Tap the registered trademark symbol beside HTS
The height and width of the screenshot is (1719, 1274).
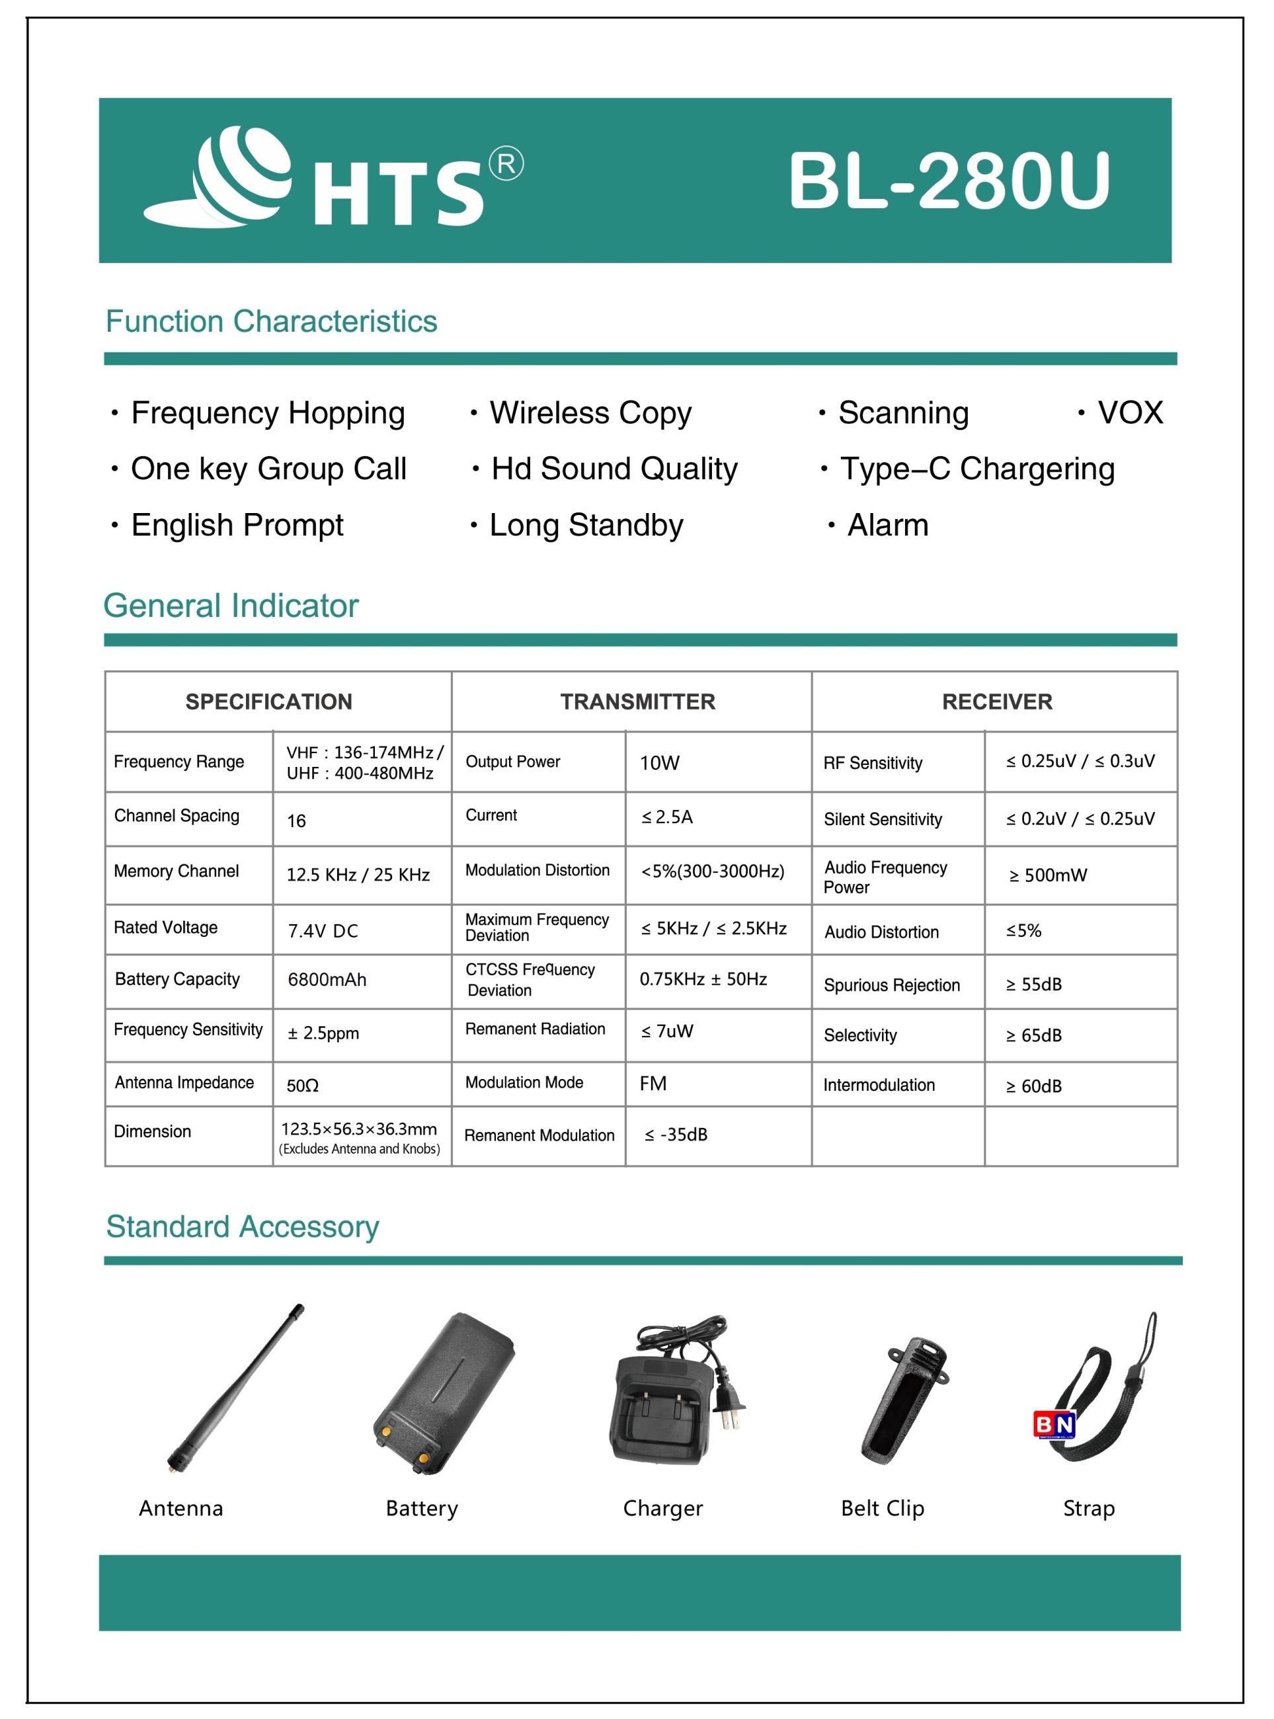pos(506,163)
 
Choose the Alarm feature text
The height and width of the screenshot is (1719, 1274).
pos(888,525)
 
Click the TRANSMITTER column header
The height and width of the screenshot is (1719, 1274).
pos(637,701)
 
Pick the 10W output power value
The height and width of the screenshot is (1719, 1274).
pos(659,763)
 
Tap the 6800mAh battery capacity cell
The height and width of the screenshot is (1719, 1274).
pos(327,979)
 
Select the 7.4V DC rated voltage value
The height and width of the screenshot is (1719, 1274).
pos(323,931)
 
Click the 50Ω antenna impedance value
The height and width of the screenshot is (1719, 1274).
pos(302,1086)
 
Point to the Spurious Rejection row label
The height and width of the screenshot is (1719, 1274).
pos(891,985)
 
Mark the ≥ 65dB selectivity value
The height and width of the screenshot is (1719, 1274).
pos(1033,1035)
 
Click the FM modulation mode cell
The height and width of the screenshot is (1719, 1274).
pos(653,1084)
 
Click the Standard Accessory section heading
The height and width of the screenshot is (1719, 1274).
pos(242,1226)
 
